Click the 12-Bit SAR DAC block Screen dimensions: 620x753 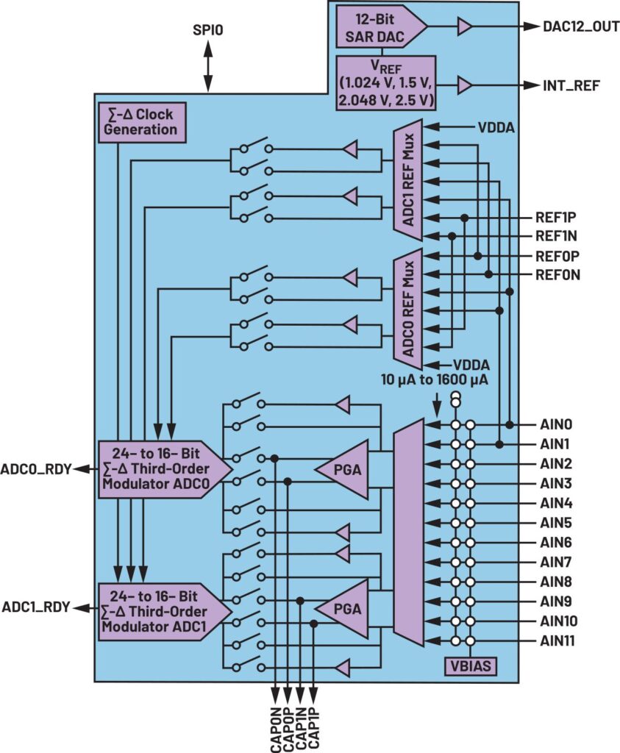[x=380, y=27]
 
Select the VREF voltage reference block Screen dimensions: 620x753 [x=385, y=83]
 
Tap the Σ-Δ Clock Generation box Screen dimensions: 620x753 [x=142, y=123]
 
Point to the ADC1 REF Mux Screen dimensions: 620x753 [x=408, y=179]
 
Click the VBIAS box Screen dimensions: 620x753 [x=470, y=666]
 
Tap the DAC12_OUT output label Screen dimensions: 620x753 [x=581, y=26]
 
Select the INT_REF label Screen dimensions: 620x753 [x=571, y=85]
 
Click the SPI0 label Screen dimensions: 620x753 [x=208, y=30]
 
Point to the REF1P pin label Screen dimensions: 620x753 [x=556, y=218]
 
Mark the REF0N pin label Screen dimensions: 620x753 [x=557, y=275]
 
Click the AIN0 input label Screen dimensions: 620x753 [x=556, y=424]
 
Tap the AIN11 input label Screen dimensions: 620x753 [x=557, y=640]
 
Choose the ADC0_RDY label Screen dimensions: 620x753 [x=36, y=468]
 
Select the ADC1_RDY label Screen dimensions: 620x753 [x=36, y=607]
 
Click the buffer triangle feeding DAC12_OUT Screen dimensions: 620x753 [x=464, y=27]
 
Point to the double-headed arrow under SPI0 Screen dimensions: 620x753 [x=208, y=65]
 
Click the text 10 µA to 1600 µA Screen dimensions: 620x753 [x=435, y=379]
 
